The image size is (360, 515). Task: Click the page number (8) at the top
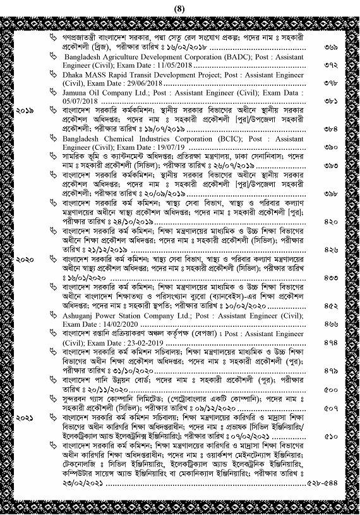tap(180, 8)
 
